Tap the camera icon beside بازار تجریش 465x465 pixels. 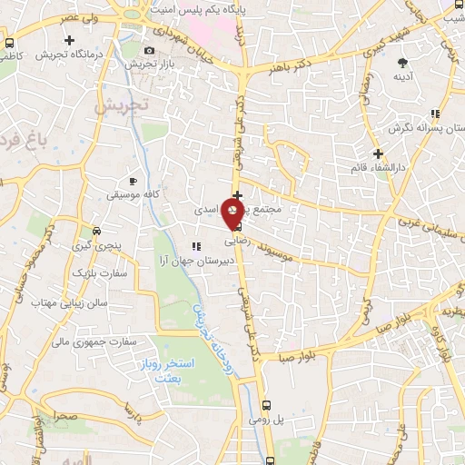(x=150, y=50)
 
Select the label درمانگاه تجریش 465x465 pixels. (x=66, y=54)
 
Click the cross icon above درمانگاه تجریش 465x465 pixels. (x=70, y=40)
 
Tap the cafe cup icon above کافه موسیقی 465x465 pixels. (x=134, y=181)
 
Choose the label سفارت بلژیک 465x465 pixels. (x=95, y=272)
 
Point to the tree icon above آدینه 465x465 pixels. (x=402, y=63)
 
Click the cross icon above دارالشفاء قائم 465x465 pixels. (x=378, y=153)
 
